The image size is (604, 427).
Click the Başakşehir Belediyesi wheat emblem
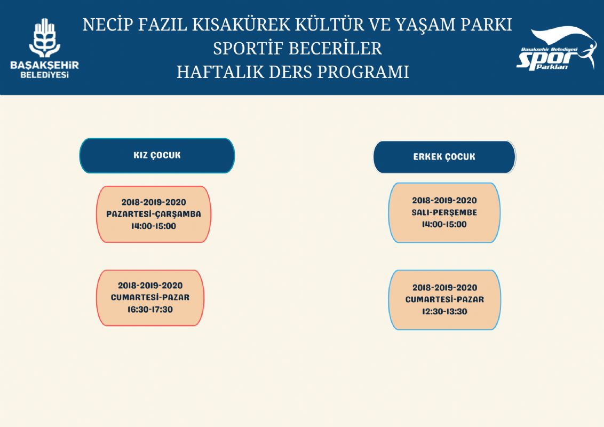coord(45,38)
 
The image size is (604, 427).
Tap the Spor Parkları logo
coord(557,49)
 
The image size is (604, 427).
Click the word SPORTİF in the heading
coord(248,49)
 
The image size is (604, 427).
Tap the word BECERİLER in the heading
coord(335,49)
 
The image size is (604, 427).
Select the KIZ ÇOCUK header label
coord(157,155)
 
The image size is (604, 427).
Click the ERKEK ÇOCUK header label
coord(444,157)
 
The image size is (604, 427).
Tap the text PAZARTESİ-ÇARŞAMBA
coord(154,214)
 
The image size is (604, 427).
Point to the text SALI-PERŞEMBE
coord(444,212)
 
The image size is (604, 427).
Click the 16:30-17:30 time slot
coord(150,310)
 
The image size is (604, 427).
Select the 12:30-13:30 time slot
coord(444,311)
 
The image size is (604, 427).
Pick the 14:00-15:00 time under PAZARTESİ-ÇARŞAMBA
coord(154,226)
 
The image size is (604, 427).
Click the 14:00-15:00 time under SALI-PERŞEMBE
coord(444,224)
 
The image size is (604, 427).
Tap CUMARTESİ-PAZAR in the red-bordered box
coord(150,297)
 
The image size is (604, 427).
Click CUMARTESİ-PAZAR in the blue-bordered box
coord(444,299)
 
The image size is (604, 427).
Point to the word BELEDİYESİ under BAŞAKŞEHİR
coord(45,75)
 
